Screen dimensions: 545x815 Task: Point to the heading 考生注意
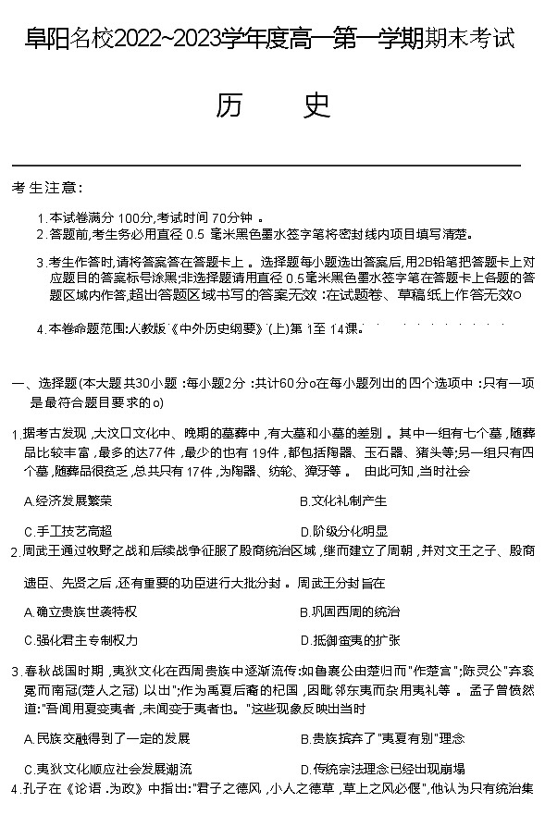click(46, 187)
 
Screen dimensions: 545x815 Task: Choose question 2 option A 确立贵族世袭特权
click(80, 611)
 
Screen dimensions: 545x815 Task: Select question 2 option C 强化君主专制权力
click(80, 640)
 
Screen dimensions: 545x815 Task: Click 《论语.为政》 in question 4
click(108, 788)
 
